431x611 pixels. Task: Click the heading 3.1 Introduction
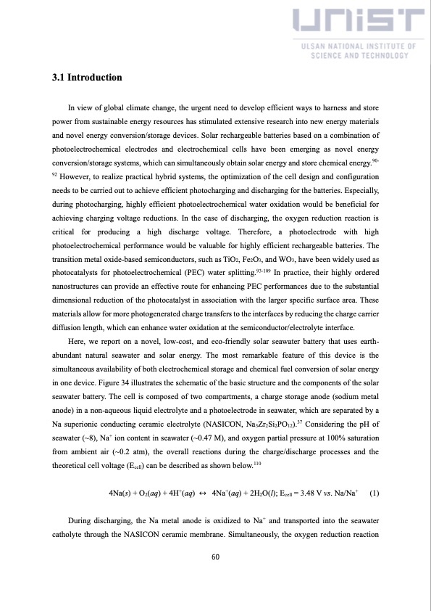pos(87,77)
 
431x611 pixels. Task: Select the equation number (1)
pos(374,494)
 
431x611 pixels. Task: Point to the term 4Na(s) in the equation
pos(119,495)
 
